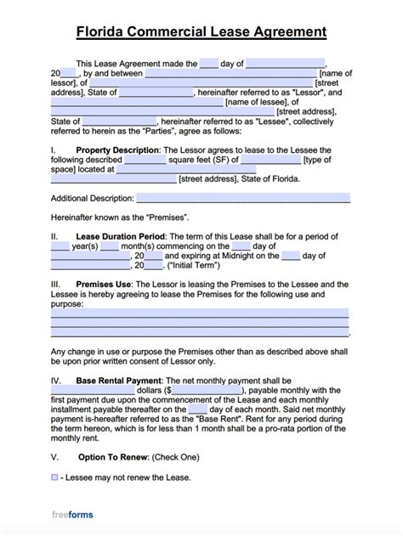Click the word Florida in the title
[102, 33]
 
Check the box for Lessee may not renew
[54, 477]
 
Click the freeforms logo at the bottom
[72, 515]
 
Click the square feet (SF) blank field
[145, 159]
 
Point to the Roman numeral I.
[53, 150]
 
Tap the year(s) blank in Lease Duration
[60, 245]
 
